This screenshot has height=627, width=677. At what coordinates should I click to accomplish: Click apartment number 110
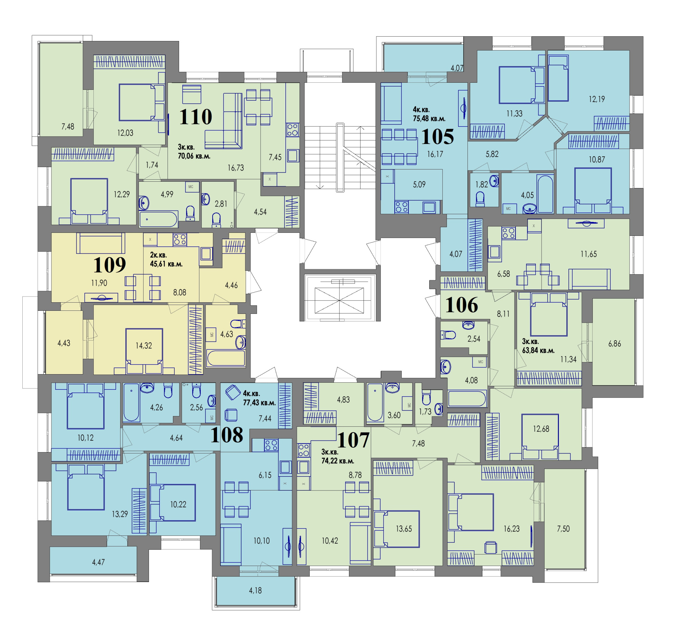tap(196, 117)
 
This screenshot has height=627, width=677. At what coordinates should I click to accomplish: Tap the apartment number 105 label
tap(437, 136)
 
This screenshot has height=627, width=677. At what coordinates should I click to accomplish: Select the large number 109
tap(109, 265)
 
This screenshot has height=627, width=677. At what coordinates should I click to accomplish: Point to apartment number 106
tap(461, 305)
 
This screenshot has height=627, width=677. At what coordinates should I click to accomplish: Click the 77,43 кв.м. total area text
tap(259, 403)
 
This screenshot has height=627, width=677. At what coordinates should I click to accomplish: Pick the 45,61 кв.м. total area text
tap(166, 264)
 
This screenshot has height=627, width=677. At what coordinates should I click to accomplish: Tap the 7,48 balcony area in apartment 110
tap(68, 126)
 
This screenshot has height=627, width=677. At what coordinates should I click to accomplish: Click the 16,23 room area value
tap(511, 529)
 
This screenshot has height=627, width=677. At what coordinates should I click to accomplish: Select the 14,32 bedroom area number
tap(144, 345)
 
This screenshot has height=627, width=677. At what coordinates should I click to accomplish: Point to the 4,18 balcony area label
tap(255, 591)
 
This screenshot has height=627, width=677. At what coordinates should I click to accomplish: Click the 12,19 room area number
tap(597, 99)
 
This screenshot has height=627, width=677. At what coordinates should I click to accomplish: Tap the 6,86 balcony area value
tap(614, 344)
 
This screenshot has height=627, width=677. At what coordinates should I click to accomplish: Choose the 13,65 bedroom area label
tap(404, 529)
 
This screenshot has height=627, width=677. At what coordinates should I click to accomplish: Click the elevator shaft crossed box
tap(339, 300)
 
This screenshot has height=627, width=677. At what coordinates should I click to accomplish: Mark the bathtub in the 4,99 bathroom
tap(158, 219)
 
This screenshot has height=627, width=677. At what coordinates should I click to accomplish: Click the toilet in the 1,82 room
tap(480, 199)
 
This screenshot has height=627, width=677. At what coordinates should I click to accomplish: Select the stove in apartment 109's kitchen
tap(180, 240)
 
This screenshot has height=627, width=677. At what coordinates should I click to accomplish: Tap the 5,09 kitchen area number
tap(419, 185)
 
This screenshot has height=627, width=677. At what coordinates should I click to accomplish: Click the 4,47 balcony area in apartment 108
tap(98, 562)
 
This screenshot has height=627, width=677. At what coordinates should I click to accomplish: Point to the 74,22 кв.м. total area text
tap(338, 461)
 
